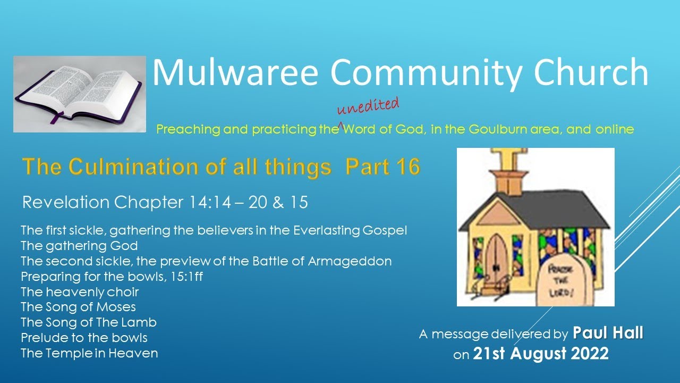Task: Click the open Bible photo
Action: pyautogui.click(x=80, y=94)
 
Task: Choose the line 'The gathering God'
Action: pyautogui.click(x=79, y=246)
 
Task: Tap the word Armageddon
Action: pyautogui.click(x=350, y=261)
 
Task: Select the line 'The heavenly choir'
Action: pyautogui.click(x=80, y=292)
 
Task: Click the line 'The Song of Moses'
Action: pyautogui.click(x=78, y=307)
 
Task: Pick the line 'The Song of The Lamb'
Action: pyautogui.click(x=88, y=322)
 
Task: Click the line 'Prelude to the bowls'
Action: pyautogui.click(x=84, y=338)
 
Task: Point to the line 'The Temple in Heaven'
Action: pyautogui.click(x=89, y=353)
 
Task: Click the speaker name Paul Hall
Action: pyautogui.click(x=608, y=334)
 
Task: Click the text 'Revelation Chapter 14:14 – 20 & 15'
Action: pyautogui.click(x=165, y=202)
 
